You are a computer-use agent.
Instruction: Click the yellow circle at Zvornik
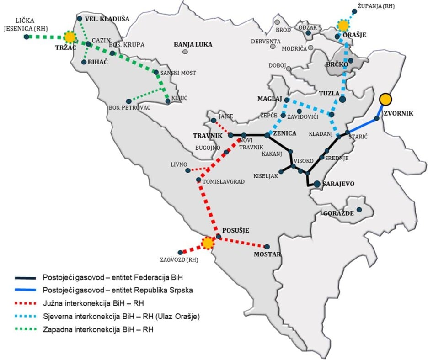[386, 99]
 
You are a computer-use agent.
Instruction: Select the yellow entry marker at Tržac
[70, 37]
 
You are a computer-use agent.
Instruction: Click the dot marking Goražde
[359, 210]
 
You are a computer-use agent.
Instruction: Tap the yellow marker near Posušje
[208, 243]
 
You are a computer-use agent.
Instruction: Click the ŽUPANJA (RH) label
[376, 6]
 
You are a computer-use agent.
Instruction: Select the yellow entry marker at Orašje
[343, 25]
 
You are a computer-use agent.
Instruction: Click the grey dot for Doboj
[289, 69]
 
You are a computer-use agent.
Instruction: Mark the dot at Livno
[188, 170]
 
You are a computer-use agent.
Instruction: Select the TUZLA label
[329, 93]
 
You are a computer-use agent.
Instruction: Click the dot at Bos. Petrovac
[129, 101]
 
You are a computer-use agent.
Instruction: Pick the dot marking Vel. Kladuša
[80, 19]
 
